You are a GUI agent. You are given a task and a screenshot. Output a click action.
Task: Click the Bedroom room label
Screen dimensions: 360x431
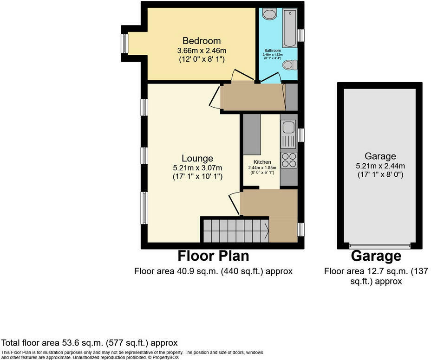point(201,41)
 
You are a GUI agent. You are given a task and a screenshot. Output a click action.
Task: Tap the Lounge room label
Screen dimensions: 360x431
point(197,158)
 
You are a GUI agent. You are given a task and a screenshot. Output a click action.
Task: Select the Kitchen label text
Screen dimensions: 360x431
point(262,162)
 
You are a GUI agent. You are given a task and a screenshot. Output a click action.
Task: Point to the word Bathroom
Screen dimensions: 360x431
point(273,50)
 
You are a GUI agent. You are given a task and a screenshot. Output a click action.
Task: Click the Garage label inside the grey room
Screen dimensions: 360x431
point(380,156)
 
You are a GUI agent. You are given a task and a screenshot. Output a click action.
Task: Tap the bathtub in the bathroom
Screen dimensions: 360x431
point(290,28)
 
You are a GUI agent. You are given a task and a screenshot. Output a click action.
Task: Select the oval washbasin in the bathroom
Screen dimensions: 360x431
point(269,14)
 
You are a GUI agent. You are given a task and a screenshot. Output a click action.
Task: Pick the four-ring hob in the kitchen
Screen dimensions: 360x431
point(289,160)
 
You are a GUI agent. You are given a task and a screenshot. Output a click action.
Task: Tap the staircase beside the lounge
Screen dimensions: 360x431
point(235,230)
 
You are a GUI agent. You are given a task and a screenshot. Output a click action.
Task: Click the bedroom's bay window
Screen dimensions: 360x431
point(124,44)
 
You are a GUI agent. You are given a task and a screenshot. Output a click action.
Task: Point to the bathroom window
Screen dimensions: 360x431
point(301,36)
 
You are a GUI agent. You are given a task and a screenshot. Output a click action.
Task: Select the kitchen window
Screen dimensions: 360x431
point(301,135)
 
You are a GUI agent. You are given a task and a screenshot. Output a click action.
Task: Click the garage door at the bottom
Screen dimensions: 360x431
point(380,246)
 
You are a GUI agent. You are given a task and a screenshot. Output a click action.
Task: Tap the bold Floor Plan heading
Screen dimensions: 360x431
point(213,256)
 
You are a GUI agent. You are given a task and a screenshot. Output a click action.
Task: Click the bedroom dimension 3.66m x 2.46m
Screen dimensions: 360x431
point(201,50)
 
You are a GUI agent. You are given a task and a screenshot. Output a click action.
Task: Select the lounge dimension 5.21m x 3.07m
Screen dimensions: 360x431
point(197,167)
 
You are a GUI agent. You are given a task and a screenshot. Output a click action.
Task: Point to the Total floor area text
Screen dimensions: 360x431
point(90,343)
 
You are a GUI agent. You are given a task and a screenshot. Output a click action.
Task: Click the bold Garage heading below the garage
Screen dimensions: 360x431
point(376,256)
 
